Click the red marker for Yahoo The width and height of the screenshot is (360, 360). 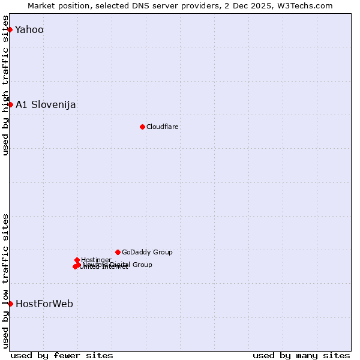(10, 29)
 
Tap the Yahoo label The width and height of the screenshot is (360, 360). (29, 30)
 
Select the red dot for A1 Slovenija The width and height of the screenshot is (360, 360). (10, 104)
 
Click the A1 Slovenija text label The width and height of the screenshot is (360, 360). (46, 105)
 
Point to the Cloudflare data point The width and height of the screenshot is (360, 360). (142, 127)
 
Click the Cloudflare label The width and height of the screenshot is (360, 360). (163, 127)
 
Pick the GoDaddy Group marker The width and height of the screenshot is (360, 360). (118, 252)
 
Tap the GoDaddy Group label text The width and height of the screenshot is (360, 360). (147, 253)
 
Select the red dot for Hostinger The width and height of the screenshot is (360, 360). (77, 260)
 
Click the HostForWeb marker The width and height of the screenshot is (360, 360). (10, 304)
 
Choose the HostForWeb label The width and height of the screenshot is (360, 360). (44, 304)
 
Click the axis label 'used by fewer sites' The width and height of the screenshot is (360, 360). (62, 355)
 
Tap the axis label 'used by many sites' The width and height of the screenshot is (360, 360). (301, 355)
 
